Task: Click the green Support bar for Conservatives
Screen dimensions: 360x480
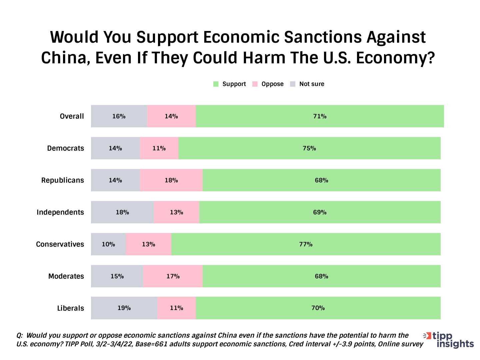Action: click(306, 244)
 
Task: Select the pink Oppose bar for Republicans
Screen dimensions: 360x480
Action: click(171, 180)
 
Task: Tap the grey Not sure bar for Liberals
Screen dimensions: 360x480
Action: click(124, 308)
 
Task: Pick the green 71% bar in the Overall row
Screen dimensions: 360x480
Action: click(320, 116)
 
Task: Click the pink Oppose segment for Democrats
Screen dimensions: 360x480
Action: click(159, 148)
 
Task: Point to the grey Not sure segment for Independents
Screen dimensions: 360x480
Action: click(122, 212)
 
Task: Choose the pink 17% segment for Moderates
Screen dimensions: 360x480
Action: click(173, 276)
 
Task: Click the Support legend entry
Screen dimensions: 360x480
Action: click(230, 84)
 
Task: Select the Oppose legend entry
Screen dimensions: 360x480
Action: click(268, 84)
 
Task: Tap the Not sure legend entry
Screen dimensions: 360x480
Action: click(307, 84)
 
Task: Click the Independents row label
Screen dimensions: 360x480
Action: click(60, 212)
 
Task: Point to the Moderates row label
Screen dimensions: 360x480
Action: click(66, 276)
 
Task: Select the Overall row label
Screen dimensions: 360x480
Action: click(72, 116)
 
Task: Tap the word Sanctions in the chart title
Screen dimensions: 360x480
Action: click(323, 37)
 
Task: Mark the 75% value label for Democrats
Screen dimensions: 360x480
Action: click(309, 148)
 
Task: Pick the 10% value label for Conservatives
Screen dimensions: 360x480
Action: click(108, 244)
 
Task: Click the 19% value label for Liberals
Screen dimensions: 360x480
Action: click(124, 308)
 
